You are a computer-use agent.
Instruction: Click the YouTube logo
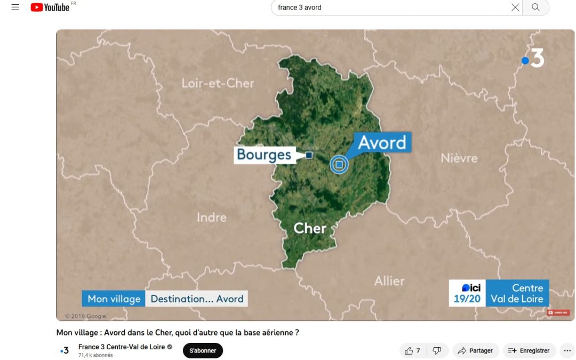[x=50, y=7]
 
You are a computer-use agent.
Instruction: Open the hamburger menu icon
[x=15, y=7]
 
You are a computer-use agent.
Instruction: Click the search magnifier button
[x=535, y=7]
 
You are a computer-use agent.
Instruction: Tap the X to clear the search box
[x=515, y=7]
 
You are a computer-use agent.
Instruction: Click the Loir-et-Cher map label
[x=218, y=83]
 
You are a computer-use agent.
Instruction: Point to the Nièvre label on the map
[x=459, y=158]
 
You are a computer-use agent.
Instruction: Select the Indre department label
[x=211, y=218]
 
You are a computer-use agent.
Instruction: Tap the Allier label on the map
[x=389, y=281]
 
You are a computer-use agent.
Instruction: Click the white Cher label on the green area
[x=310, y=228]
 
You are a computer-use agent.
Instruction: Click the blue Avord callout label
[x=382, y=142]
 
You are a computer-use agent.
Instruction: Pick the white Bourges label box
[x=264, y=155]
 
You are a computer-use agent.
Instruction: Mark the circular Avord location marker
[x=339, y=164]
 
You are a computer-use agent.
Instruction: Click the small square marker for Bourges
[x=309, y=155]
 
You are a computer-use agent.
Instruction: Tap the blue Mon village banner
[x=114, y=299]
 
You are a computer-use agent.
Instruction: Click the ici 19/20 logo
[x=467, y=293]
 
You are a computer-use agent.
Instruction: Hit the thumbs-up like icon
[x=409, y=350]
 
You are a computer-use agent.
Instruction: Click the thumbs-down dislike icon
[x=437, y=350]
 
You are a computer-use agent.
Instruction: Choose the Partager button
[x=476, y=350]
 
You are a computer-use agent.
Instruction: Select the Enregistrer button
[x=529, y=350]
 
